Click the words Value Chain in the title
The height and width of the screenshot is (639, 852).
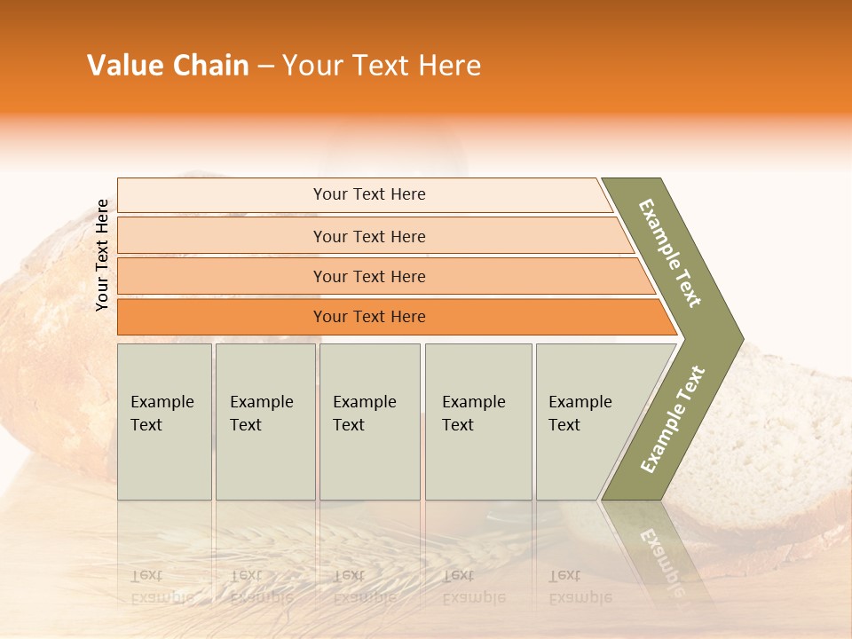(x=168, y=66)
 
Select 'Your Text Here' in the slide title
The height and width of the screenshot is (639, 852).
(x=382, y=66)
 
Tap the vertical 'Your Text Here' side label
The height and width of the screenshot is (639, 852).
(x=102, y=256)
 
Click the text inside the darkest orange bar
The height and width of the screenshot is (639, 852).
(x=369, y=317)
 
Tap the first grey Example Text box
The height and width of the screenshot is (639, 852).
(x=164, y=422)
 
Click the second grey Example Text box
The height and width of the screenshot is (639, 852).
(x=265, y=422)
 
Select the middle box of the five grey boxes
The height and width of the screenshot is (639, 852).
(x=369, y=422)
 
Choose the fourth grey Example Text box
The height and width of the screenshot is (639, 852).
(x=478, y=422)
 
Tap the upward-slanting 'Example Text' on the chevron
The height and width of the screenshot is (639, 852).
(x=673, y=420)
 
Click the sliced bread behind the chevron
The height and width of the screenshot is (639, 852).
(x=781, y=444)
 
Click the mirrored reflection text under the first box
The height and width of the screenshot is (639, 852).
(x=162, y=586)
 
